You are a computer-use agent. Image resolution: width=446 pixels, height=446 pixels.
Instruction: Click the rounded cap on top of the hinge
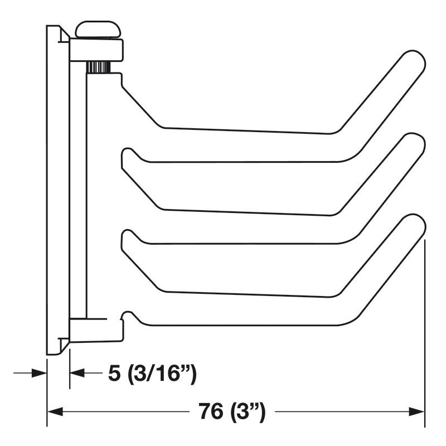click(98, 30)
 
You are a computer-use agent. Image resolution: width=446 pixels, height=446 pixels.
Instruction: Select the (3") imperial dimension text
click(245, 413)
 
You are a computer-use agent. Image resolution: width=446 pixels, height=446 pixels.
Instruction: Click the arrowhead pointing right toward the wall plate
click(39, 373)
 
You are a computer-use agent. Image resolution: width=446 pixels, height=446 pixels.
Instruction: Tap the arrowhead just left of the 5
click(77, 373)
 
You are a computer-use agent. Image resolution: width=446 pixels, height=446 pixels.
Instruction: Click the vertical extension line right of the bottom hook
click(425, 334)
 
